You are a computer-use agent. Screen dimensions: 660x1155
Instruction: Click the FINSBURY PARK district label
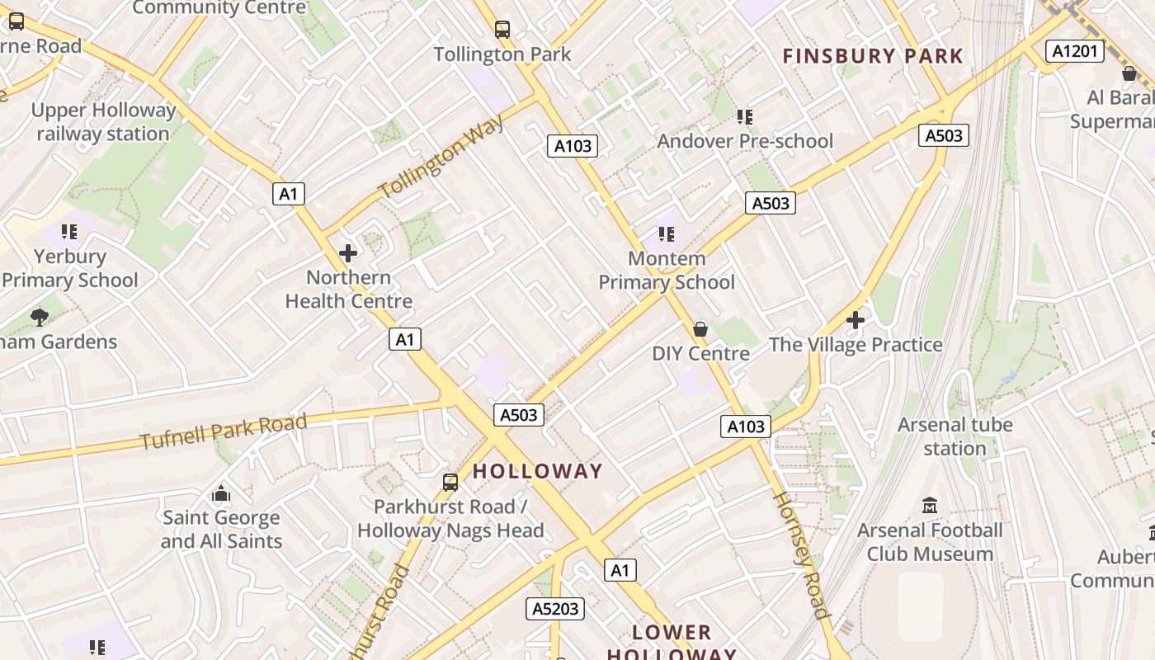click(x=872, y=56)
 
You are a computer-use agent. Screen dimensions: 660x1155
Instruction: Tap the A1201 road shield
click(x=1075, y=51)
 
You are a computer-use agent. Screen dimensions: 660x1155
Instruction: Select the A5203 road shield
click(x=555, y=609)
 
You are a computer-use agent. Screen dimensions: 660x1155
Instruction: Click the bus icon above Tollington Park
click(x=502, y=30)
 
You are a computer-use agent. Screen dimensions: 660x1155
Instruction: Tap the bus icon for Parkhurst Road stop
click(x=450, y=482)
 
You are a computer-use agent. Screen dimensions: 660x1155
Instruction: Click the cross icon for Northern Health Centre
click(x=348, y=252)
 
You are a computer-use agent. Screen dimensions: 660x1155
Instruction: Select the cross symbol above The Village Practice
click(x=856, y=319)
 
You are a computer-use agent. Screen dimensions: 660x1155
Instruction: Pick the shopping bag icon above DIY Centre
click(x=700, y=329)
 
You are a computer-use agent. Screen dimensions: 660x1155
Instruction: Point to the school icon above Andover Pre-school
click(x=745, y=117)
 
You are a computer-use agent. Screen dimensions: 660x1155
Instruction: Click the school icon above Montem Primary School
click(x=667, y=234)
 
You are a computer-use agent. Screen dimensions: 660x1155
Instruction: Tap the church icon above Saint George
click(x=221, y=493)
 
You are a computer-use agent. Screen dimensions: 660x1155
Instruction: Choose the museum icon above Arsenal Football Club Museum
click(x=930, y=505)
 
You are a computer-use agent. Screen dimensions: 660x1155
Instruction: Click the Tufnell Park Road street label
click(x=223, y=431)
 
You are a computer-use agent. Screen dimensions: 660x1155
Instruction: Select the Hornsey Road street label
click(x=799, y=554)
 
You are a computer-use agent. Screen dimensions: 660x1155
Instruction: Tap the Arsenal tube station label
click(x=955, y=436)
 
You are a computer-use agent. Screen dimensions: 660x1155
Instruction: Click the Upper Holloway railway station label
click(x=103, y=122)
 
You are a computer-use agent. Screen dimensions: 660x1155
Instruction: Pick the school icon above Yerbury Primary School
click(x=68, y=232)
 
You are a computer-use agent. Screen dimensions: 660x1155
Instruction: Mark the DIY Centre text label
click(x=700, y=354)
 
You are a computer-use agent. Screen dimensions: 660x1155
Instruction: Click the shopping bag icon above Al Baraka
click(x=1129, y=73)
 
